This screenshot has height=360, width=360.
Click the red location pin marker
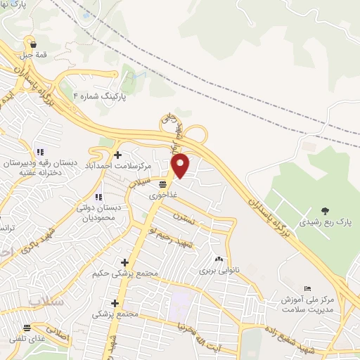click(181, 165)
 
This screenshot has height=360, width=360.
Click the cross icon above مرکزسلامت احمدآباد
click(117, 155)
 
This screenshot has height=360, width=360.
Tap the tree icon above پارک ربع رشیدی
click(324, 210)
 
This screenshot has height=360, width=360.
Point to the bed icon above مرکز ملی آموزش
click(307, 288)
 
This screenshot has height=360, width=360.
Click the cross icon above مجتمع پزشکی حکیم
click(124, 263)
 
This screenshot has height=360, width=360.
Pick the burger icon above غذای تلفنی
click(27, 327)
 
